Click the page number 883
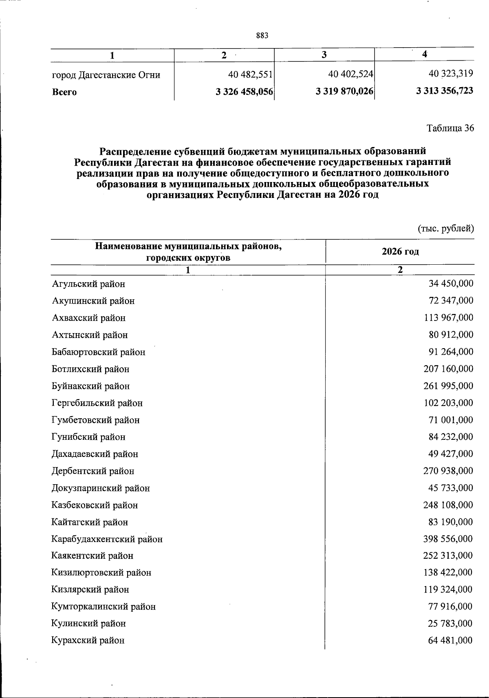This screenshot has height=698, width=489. pyautogui.click(x=262, y=36)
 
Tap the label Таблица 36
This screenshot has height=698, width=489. pyautogui.click(x=450, y=128)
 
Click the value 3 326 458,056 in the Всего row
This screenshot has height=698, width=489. pyautogui.click(x=244, y=92)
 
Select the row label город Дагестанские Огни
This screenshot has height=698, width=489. pyautogui.click(x=106, y=75)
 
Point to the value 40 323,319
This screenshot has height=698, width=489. pyautogui.click(x=451, y=74)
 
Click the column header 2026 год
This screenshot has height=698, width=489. pyautogui.click(x=400, y=251)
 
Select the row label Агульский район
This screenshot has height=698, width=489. pyautogui.click(x=88, y=284)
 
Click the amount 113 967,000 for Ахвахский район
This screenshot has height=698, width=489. pyautogui.click(x=449, y=318)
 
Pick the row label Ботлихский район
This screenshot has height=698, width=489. pyautogui.click(x=90, y=369)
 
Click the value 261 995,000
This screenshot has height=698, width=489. pyautogui.click(x=449, y=386)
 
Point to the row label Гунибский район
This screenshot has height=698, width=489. pyautogui.click(x=88, y=437)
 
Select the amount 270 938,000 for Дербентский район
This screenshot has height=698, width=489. pyautogui.click(x=449, y=471)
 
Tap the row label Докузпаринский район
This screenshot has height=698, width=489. pyautogui.click(x=101, y=488)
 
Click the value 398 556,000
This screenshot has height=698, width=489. pyautogui.click(x=449, y=539)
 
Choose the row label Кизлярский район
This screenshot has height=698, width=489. pyautogui.click(x=90, y=589)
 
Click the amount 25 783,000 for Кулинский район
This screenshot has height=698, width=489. pyautogui.click(x=451, y=623)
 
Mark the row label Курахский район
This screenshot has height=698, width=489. pyautogui.click(x=88, y=640)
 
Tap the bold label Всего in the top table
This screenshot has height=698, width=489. pyautogui.click(x=64, y=92)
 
